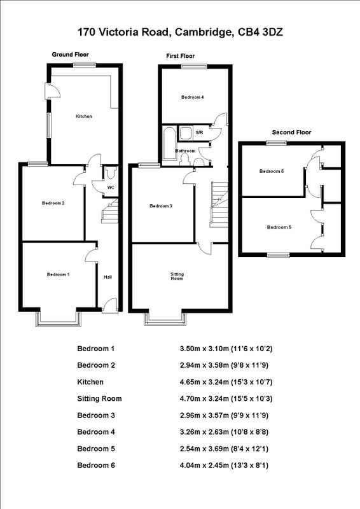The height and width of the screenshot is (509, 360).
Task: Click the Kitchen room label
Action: pos(84,116)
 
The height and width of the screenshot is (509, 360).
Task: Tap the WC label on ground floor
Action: pos(110,188)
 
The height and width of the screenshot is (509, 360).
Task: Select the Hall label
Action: pos(108,277)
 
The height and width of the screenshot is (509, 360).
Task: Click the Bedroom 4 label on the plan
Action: pos(192,97)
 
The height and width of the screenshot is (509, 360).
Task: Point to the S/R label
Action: pos(199,133)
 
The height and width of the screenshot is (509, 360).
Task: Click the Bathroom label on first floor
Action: pos(186,151)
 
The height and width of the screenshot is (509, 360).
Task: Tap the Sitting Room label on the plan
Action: pos(177,276)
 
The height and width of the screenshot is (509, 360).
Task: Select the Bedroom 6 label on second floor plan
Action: pos(271,172)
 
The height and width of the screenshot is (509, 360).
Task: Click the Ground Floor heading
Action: pos(71,55)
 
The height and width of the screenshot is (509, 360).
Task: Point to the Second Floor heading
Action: pos(291,132)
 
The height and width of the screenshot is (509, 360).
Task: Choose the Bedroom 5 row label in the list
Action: pos(96,448)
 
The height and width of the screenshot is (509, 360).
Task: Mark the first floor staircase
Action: pos(219,204)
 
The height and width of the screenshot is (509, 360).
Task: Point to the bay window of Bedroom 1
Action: pos(59,318)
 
